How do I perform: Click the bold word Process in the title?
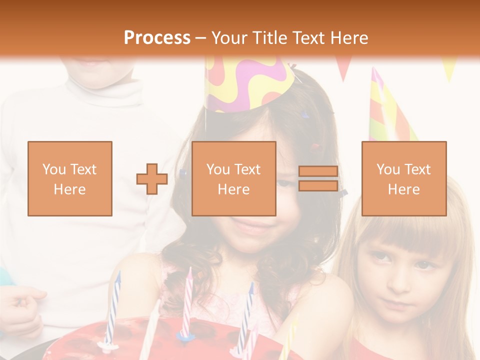point(157,38)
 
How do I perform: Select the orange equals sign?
point(318,178)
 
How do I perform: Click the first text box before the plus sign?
point(70,178)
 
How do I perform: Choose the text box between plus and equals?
point(234,178)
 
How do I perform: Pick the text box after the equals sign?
point(404,178)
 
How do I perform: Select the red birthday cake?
point(150,340)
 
